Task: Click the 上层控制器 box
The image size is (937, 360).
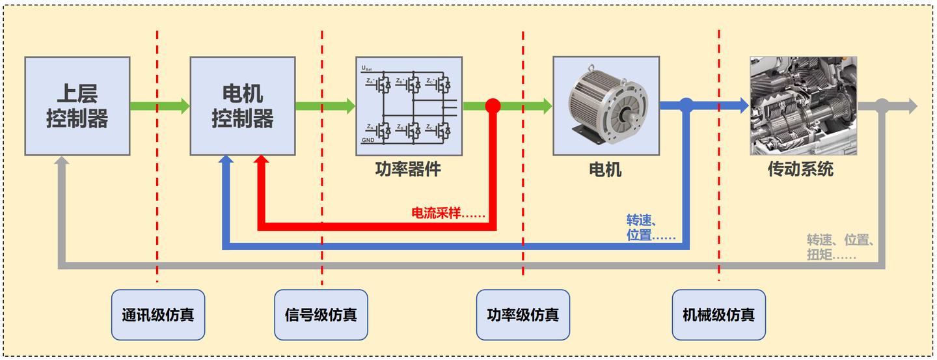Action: click(x=77, y=106)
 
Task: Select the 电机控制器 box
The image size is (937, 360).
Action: click(x=243, y=106)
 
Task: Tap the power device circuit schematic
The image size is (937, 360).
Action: click(x=409, y=106)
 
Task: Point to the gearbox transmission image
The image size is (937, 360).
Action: click(x=803, y=106)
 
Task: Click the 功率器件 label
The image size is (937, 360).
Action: click(x=409, y=170)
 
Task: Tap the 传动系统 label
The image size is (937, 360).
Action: click(x=800, y=170)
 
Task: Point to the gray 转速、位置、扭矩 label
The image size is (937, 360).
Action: click(x=840, y=247)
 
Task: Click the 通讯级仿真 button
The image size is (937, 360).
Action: click(x=157, y=315)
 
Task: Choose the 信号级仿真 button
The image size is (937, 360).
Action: click(x=321, y=315)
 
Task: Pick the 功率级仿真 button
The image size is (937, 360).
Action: click(x=523, y=315)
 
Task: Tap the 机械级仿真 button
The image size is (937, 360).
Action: click(x=718, y=315)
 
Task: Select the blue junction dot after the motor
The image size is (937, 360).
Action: click(x=686, y=105)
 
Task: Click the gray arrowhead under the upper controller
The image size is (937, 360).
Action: click(x=62, y=163)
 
